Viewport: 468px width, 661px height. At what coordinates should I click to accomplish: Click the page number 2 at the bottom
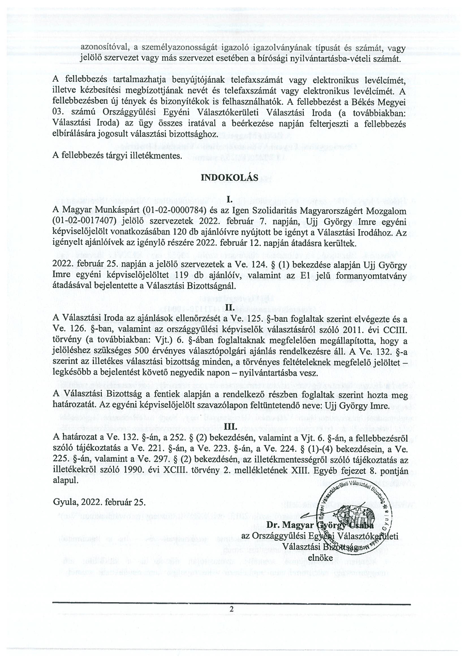[x=232, y=609]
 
